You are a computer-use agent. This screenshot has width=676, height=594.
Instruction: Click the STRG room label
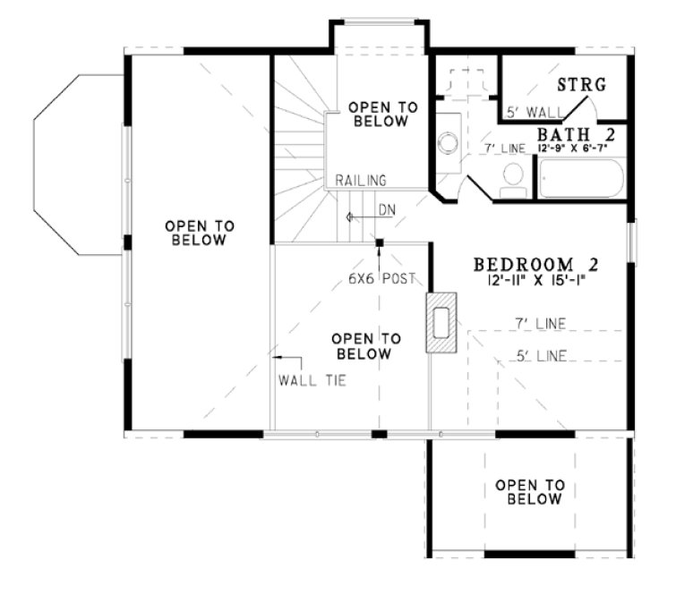(x=582, y=86)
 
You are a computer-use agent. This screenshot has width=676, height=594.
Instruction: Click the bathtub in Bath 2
(x=581, y=179)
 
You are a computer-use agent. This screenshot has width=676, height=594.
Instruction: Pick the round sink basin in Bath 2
(x=447, y=142)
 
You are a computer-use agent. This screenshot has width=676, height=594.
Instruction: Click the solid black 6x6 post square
(x=381, y=242)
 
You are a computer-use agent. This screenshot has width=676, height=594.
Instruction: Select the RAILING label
(x=361, y=180)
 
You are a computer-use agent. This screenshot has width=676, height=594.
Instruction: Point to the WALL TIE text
(x=312, y=379)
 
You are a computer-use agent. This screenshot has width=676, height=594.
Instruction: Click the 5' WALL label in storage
(x=535, y=112)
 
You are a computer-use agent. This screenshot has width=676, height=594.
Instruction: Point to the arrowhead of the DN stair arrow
(x=351, y=217)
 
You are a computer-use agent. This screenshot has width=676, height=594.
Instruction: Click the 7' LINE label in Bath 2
(x=504, y=147)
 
